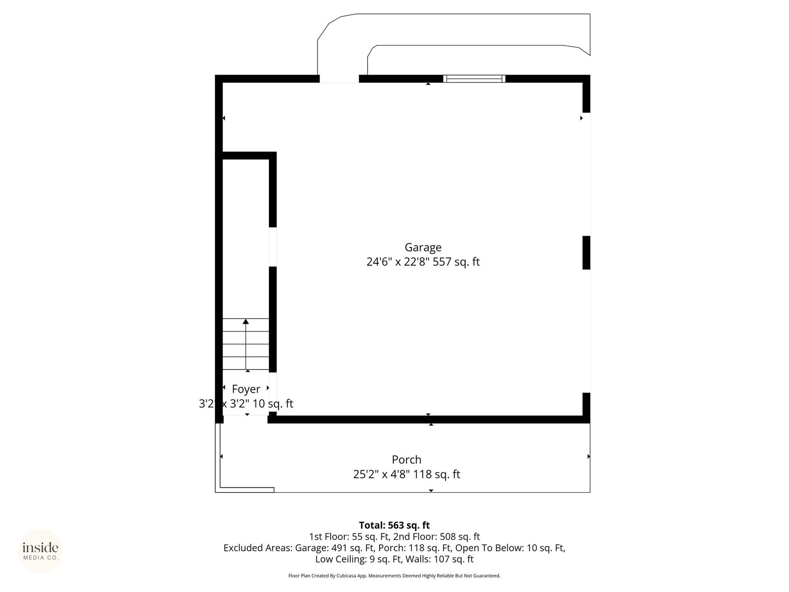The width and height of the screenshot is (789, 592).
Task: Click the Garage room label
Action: (x=423, y=247)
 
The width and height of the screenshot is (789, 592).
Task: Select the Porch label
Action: (x=406, y=459)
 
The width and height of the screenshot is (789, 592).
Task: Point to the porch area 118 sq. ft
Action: (x=436, y=474)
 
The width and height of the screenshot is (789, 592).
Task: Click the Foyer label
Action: (x=246, y=389)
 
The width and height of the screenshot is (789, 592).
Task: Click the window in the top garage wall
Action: (x=474, y=79)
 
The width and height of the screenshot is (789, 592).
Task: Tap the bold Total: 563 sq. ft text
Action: (x=394, y=525)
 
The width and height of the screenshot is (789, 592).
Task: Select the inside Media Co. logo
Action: (x=40, y=551)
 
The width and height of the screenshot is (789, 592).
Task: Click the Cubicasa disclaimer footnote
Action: (x=394, y=576)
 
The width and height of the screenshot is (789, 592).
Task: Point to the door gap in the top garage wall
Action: (x=339, y=79)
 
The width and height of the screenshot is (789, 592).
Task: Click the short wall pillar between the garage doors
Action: (x=586, y=253)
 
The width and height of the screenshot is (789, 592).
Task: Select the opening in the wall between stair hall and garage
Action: (x=273, y=247)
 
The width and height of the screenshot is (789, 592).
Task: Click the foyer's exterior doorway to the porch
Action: (x=245, y=419)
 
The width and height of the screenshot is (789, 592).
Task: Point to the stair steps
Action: (x=246, y=344)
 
